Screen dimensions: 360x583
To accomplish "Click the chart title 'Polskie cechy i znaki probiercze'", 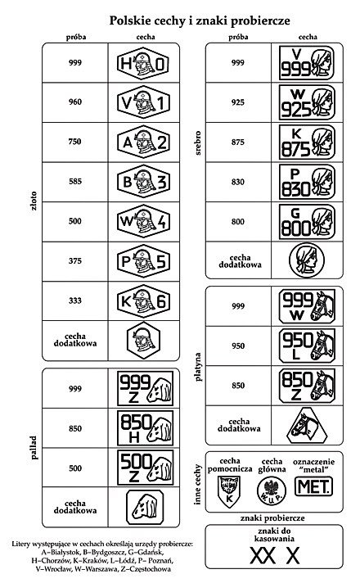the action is tap(200, 20).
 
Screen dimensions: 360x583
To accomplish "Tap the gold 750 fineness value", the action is tap(74, 142).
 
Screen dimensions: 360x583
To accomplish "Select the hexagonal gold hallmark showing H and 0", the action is tap(143, 64).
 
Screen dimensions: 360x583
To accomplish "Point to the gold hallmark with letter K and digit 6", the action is tap(143, 301).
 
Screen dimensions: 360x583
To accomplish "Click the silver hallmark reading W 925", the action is tap(308, 102).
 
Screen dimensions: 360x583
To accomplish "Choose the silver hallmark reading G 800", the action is tap(308, 222).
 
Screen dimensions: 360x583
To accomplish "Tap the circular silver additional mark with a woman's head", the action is tap(307, 260).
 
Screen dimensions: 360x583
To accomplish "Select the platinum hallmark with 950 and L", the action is tap(308, 346).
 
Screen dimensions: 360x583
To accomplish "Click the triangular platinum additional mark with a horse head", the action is tap(307, 426).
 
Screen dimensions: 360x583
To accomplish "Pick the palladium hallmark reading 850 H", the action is tap(146, 428).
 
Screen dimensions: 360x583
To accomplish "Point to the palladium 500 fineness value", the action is tap(75, 468).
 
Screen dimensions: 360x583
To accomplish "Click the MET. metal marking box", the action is tap(313, 486).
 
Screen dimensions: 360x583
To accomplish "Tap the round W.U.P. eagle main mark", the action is tap(272, 490).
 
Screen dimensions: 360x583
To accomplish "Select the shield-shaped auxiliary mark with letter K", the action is tap(229, 490).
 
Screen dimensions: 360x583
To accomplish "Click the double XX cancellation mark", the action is tap(263, 556).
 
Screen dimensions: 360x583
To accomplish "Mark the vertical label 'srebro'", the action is tap(198, 142).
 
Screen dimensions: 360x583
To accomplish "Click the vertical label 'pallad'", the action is tap(34, 448).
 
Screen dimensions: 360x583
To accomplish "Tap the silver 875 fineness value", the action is tap(238, 142).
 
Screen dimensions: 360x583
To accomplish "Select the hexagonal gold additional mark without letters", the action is tap(143, 341).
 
